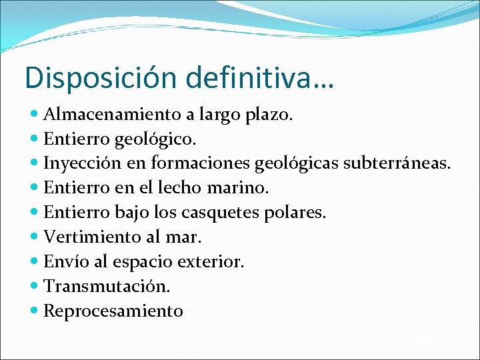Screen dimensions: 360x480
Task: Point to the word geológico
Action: tap(155, 139)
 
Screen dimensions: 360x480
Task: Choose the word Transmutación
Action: tap(107, 286)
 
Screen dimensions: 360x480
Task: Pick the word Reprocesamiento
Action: tap(113, 311)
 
